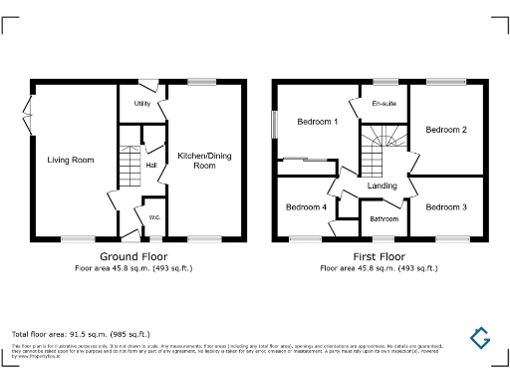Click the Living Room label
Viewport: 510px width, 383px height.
coord(70,159)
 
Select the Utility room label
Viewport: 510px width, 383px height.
coord(142,103)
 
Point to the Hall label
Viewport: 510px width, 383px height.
coord(151,165)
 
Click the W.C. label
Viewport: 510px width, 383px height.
coord(154,217)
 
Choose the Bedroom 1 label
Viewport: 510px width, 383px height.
coord(318,122)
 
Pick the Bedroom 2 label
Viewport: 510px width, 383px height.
coord(446,130)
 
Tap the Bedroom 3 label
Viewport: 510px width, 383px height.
coord(446,207)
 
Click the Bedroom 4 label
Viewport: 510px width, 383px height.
coord(306,207)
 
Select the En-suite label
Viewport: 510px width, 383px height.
coord(383,104)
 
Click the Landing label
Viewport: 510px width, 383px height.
coord(382,186)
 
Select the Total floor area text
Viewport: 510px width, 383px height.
coord(80,333)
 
